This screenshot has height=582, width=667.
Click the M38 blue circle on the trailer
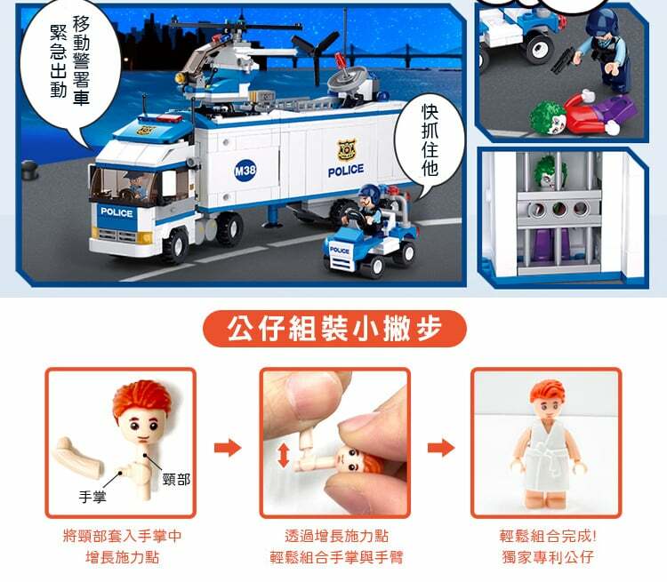coord(245,171)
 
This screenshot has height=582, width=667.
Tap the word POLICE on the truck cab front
coord(117,212)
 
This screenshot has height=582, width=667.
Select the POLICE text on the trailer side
coord(346,171)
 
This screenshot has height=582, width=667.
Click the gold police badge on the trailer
coord(347,150)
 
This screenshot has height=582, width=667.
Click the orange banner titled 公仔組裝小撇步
coord(334,329)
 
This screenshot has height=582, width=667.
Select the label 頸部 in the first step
coord(177,480)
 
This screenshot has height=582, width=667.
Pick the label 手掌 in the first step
coord(92,497)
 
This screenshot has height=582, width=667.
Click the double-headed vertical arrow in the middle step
coord(284,455)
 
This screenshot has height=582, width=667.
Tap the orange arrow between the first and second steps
coord(228,448)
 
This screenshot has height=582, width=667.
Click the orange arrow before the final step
coord(441,448)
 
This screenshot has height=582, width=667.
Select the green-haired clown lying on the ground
coord(583,114)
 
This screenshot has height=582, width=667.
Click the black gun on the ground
coord(563,60)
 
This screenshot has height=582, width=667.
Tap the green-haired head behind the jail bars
coord(549,172)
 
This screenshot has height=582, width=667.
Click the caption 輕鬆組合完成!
coord(548,536)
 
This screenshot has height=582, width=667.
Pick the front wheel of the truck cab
coord(176,245)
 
